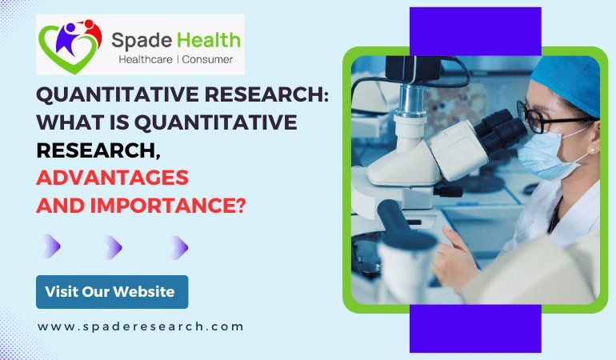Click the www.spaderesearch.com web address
[x=140, y=326]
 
